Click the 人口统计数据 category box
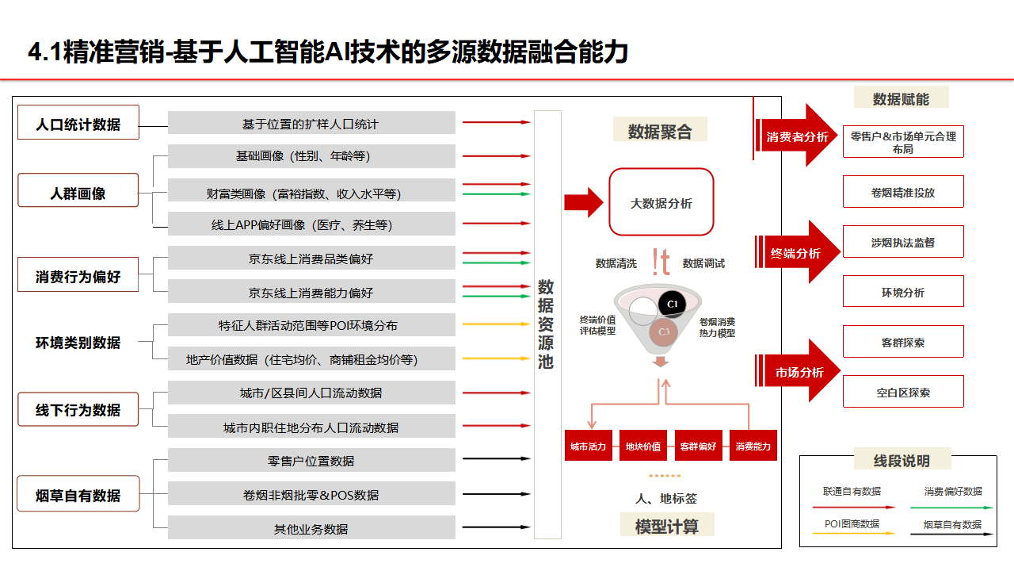pyautogui.click(x=78, y=123)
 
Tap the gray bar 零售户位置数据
pyautogui.click(x=311, y=461)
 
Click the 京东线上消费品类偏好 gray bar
pyautogui.click(x=311, y=259)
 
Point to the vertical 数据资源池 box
pyautogui.click(x=547, y=324)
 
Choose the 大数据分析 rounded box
pyautogui.click(x=661, y=202)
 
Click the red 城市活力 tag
pyautogui.click(x=588, y=446)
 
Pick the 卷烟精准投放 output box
pyautogui.click(x=903, y=192)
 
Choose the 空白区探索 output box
pyautogui.click(x=903, y=392)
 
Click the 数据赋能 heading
pyautogui.click(x=901, y=98)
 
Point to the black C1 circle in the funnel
pyautogui.click(x=672, y=305)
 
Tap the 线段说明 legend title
pyautogui.click(x=902, y=460)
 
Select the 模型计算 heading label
pyautogui.click(x=667, y=526)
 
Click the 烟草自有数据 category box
pyautogui.click(x=78, y=495)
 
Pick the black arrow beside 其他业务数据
pyautogui.click(x=496, y=527)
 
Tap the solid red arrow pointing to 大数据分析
pyautogui.click(x=583, y=202)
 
